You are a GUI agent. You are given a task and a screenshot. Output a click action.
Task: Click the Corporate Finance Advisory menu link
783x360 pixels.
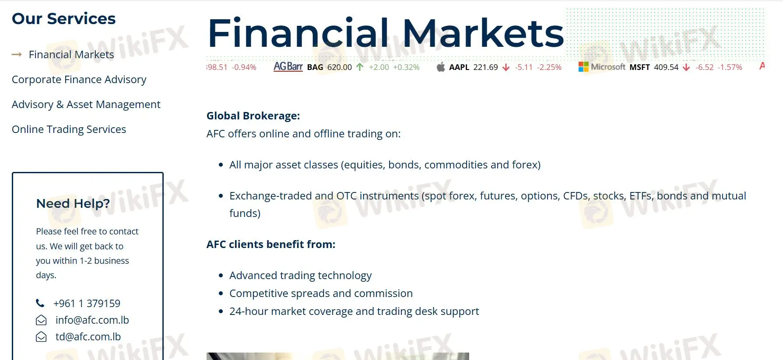click(x=79, y=80)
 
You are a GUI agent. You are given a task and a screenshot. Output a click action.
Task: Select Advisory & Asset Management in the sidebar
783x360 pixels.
click(x=86, y=105)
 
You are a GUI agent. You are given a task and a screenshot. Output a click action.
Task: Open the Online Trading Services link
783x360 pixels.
click(x=69, y=129)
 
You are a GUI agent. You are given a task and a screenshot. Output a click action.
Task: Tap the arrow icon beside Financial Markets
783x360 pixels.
click(x=17, y=55)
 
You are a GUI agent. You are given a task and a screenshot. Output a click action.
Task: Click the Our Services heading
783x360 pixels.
click(x=64, y=19)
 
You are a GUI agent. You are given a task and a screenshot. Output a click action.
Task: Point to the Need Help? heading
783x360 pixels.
click(x=73, y=203)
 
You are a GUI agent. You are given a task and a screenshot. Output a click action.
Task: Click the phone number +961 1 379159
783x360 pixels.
click(x=87, y=304)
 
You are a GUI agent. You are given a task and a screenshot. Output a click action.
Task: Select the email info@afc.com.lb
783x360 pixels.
click(x=92, y=320)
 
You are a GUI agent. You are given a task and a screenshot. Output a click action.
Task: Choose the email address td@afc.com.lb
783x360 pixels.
click(x=88, y=337)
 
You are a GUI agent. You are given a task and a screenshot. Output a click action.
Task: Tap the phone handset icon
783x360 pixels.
click(x=40, y=303)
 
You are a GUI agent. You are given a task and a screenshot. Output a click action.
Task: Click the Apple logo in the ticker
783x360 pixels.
click(x=441, y=67)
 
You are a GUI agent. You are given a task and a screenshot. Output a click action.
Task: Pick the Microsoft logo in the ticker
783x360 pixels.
click(x=583, y=67)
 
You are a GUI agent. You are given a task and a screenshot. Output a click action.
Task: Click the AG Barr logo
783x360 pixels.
click(x=288, y=66)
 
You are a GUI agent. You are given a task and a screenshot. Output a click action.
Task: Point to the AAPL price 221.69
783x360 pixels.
click(x=486, y=67)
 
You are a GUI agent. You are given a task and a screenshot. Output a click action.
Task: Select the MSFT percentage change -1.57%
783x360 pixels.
click(x=730, y=67)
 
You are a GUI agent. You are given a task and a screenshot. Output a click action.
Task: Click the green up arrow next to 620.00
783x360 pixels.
click(x=360, y=67)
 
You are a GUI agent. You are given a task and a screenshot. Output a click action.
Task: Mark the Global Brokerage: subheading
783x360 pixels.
click(x=253, y=116)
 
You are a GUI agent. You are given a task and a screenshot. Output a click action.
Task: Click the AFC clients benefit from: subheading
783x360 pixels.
click(x=271, y=245)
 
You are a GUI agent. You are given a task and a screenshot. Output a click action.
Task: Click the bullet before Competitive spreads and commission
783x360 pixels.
click(x=221, y=294)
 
